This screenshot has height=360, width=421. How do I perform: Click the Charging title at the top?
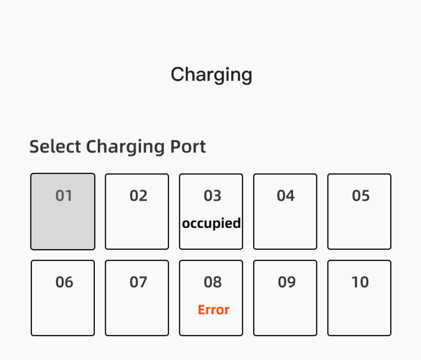coord(211,75)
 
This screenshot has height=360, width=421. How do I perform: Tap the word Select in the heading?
coord(55,146)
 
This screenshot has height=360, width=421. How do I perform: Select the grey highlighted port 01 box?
coord(63,211)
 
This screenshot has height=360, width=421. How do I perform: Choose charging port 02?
coord(137,211)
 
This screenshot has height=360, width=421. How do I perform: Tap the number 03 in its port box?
coord(212,196)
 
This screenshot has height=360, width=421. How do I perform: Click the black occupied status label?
coord(211,224)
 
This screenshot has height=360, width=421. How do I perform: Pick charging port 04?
coord(285,211)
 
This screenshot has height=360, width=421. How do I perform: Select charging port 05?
coord(359,211)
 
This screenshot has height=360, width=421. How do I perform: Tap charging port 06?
coord(63,298)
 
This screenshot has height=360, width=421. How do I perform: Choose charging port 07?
coord(137,298)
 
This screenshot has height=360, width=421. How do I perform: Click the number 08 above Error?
coord(213,282)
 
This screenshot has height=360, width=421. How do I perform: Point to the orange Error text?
coord(214,310)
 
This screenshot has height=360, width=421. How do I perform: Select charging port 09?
coord(285,298)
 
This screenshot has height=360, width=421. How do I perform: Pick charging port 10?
coord(359,298)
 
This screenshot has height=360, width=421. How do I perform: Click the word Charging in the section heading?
coord(125,147)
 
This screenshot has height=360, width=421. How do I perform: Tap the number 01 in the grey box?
coord(64,196)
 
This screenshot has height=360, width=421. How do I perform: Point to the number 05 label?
coord(361,196)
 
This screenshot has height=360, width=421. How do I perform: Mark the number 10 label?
coord(360,282)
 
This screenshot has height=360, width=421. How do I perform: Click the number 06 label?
coord(64,282)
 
